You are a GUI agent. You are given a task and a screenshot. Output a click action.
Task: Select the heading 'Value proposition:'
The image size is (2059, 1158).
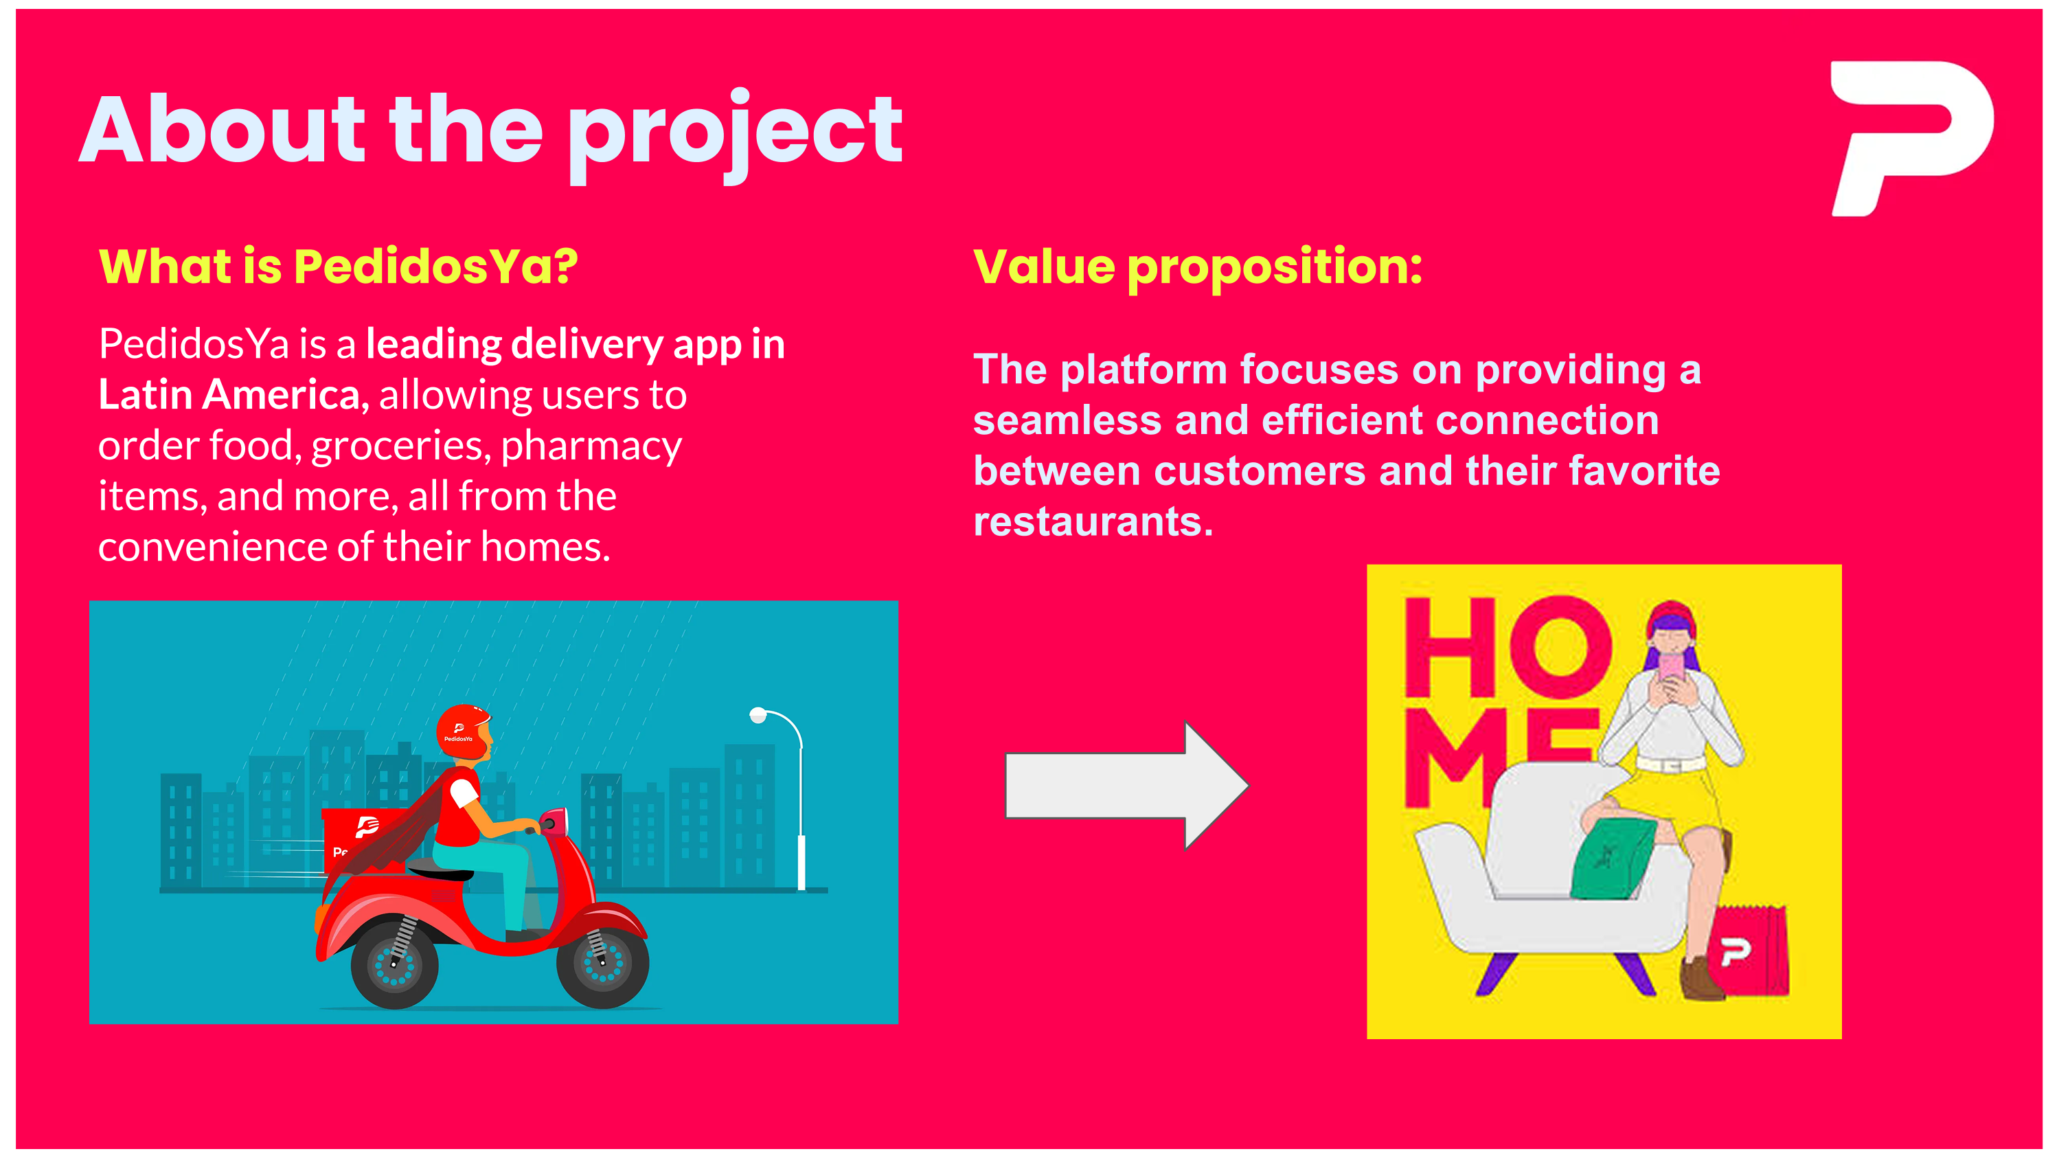point(1197,268)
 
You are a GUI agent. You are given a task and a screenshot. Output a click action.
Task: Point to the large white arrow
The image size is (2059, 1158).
point(1126,786)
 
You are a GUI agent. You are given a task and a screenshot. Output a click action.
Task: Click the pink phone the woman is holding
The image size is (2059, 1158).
point(1670,668)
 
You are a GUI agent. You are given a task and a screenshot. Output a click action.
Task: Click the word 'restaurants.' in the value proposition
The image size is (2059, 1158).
point(1093,522)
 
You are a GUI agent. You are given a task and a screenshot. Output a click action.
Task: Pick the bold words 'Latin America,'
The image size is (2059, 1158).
point(234,395)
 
